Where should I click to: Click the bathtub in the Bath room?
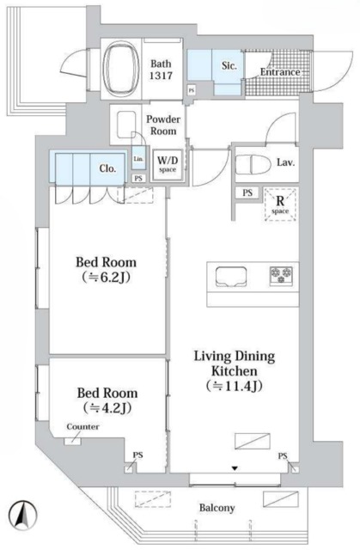(122, 69)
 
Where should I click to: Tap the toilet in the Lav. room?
(253, 165)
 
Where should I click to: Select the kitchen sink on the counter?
(230, 277)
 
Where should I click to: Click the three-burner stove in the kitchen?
(281, 275)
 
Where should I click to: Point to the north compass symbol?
(23, 515)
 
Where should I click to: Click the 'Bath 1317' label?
(162, 70)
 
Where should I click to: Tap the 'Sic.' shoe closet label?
(229, 65)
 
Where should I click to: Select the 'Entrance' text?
(280, 72)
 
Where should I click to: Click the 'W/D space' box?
(168, 164)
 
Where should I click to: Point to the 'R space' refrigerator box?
(280, 205)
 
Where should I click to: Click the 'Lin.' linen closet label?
(138, 158)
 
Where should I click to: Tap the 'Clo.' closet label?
(107, 168)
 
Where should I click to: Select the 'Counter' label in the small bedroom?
(82, 427)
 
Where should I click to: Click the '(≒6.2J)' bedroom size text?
(107, 278)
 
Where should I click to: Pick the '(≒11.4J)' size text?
(235, 386)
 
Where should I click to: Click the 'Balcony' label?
(217, 508)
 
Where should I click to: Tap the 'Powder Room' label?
(163, 125)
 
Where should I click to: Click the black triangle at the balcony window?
(235, 468)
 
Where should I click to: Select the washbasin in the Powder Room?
(126, 125)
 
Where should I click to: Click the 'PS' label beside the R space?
(247, 192)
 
